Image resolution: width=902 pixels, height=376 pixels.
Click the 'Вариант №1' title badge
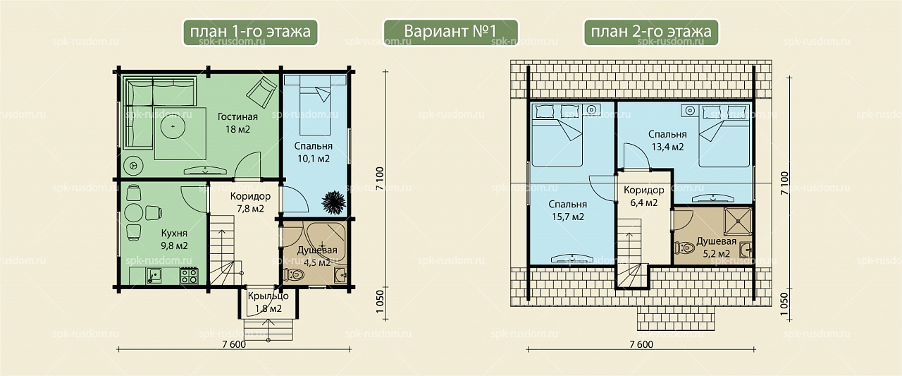click(x=450, y=32)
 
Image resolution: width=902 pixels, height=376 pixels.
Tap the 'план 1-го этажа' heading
click(x=250, y=32)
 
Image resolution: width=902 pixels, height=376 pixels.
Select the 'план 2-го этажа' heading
click(x=651, y=32)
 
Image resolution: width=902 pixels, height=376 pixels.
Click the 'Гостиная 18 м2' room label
click(x=237, y=123)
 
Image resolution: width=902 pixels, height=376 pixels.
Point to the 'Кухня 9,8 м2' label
click(x=174, y=239)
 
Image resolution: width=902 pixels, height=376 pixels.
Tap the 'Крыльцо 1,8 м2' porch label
click(x=268, y=302)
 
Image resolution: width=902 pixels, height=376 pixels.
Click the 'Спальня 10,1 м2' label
click(x=314, y=152)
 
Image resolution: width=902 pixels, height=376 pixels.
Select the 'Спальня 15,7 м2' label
click(x=568, y=210)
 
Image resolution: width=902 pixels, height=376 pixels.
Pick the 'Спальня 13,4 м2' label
click(x=667, y=140)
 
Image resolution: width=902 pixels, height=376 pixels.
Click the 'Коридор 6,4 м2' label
click(x=644, y=196)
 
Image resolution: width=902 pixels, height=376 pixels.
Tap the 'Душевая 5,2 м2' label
click(x=717, y=248)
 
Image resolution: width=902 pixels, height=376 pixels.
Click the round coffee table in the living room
click(x=173, y=127)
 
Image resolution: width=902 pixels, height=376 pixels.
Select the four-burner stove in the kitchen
click(x=188, y=276)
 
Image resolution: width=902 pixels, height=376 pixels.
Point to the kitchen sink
click(x=154, y=276)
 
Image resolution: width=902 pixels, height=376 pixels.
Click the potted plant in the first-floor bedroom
click(x=333, y=202)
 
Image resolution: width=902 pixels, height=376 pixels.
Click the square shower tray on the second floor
click(x=738, y=221)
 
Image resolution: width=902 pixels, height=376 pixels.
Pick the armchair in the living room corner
click(x=261, y=92)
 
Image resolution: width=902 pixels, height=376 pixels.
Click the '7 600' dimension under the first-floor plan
click(x=233, y=344)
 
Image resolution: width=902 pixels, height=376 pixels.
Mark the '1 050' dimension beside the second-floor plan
click(x=784, y=304)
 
